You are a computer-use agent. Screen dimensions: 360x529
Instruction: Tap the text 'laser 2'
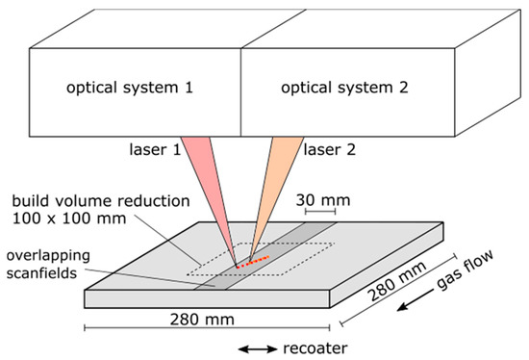[332, 151]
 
